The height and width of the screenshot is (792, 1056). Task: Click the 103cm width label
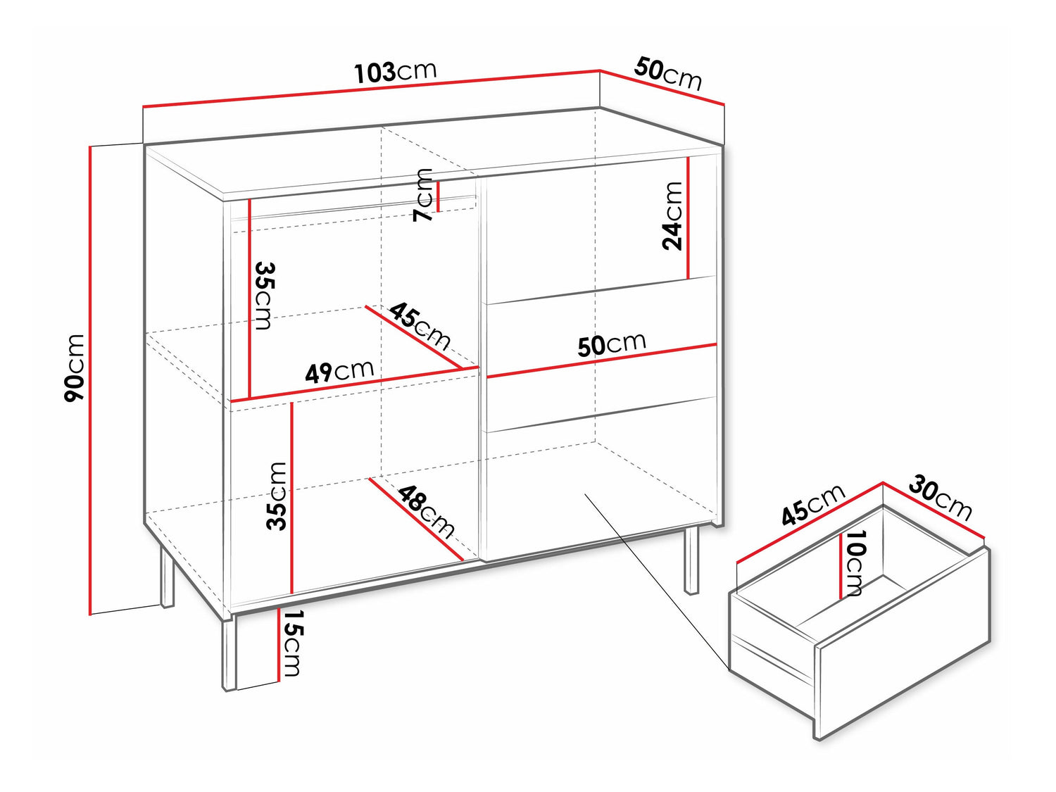pos(396,72)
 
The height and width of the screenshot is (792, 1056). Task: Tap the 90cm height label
pos(75,368)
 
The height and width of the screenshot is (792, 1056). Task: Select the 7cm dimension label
pos(423,195)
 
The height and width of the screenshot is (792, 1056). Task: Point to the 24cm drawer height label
pos(672,216)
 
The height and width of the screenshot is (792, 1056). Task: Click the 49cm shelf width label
pos(339,371)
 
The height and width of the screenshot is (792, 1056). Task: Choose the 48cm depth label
pos(426,511)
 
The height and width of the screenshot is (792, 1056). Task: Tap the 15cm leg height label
pos(291,643)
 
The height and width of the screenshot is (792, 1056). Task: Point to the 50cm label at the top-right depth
pos(668,74)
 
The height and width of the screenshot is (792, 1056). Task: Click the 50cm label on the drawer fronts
pos(612,344)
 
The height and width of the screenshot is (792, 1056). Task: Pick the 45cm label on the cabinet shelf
pos(420,326)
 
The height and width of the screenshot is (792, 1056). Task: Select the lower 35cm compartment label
pos(277,496)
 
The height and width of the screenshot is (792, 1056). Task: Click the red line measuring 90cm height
pos(90,380)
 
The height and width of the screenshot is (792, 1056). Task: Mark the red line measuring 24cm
pos(689,218)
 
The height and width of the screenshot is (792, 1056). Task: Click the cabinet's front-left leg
pos(229,654)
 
